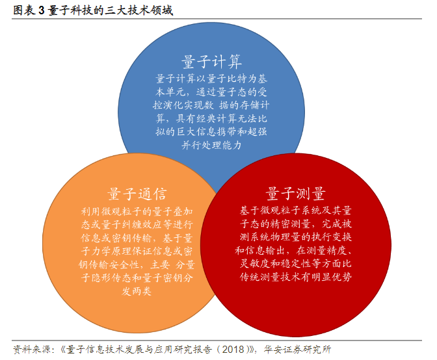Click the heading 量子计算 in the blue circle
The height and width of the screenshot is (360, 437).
click(x=211, y=61)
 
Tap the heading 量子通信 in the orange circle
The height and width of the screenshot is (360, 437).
click(x=137, y=194)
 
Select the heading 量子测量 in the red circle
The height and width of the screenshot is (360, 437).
click(x=295, y=193)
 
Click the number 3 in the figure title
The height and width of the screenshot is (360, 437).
click(x=41, y=10)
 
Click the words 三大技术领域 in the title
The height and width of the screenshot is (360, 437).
click(x=139, y=10)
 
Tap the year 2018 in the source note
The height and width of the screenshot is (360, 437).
click(x=233, y=349)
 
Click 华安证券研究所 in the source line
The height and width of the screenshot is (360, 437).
click(x=297, y=349)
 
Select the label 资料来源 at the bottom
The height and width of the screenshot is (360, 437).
click(x=32, y=349)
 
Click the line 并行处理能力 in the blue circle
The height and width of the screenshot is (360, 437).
click(x=211, y=145)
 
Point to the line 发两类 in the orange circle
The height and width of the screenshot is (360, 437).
click(x=137, y=291)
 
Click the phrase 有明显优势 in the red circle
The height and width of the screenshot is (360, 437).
click(x=326, y=277)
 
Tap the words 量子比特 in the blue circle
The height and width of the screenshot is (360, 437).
click(x=227, y=79)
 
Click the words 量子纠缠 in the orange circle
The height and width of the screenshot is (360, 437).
click(x=121, y=225)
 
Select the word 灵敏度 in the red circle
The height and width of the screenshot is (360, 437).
click(x=255, y=263)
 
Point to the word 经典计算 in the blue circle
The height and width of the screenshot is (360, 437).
click(x=217, y=119)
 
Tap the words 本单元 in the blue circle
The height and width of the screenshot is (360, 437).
click(x=170, y=92)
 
